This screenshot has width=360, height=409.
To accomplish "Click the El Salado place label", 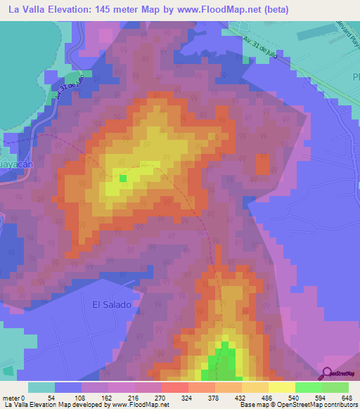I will coord(112,304).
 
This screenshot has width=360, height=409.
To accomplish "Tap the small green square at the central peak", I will coord(122,178).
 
